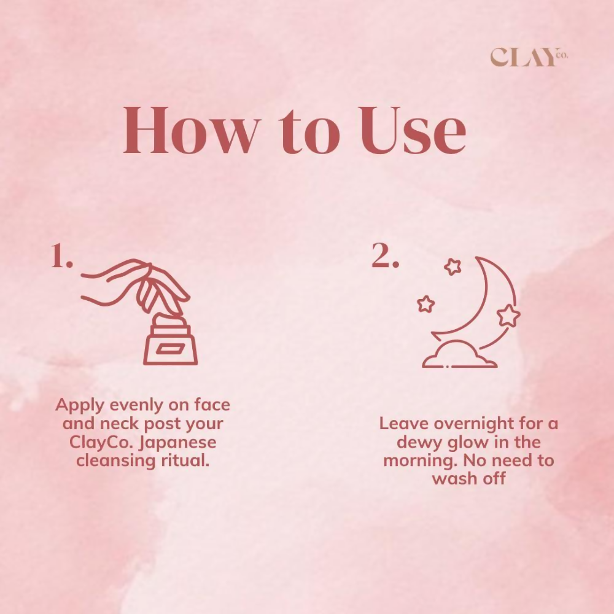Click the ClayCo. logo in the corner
click(x=529, y=57)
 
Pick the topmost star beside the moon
click(x=453, y=266)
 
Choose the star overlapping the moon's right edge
click(x=508, y=315)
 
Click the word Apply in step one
click(x=79, y=406)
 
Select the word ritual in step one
click(x=184, y=460)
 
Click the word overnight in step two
click(x=481, y=424)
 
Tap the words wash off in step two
click(x=468, y=478)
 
